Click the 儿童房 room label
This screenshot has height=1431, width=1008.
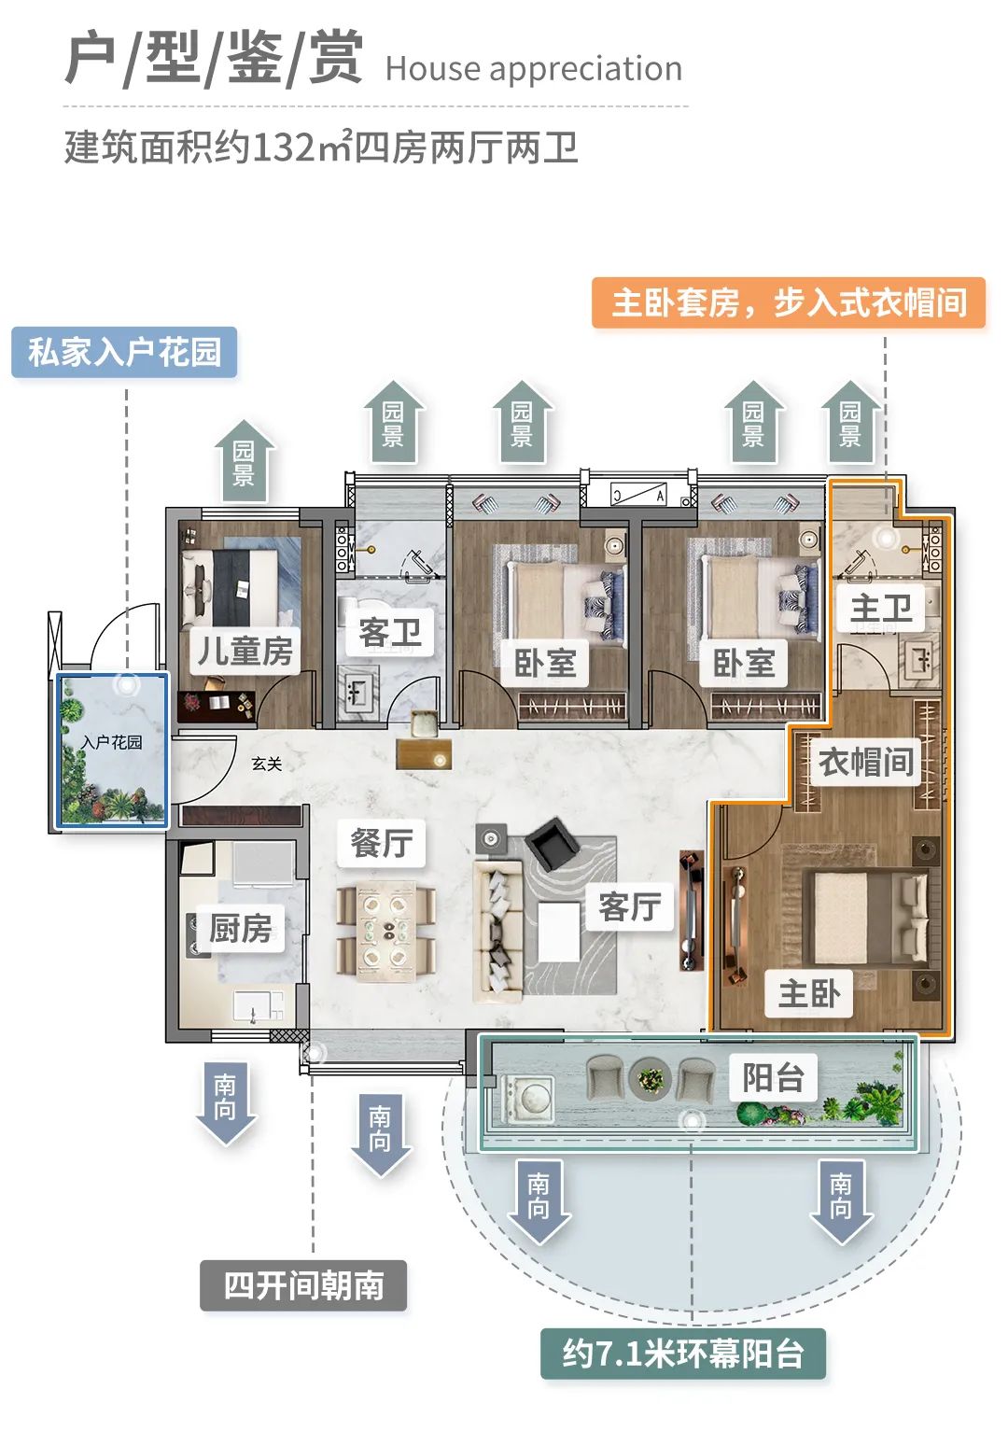(x=245, y=651)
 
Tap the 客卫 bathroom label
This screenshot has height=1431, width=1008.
(x=390, y=633)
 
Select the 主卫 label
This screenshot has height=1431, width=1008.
(x=880, y=610)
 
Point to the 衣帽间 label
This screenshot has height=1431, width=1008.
(x=865, y=762)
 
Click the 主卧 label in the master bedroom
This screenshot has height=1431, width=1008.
(x=809, y=993)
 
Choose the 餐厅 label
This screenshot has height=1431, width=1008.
(x=381, y=843)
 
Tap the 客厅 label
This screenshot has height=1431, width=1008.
(x=630, y=905)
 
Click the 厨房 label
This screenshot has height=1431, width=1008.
(x=241, y=929)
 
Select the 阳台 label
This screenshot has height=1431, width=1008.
(x=773, y=1077)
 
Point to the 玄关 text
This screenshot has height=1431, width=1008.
(x=267, y=764)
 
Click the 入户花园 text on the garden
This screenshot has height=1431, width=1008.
(x=112, y=742)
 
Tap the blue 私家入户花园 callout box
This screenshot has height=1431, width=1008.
(x=124, y=352)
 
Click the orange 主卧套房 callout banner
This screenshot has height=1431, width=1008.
(x=789, y=302)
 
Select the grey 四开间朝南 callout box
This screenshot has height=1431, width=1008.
(x=303, y=1285)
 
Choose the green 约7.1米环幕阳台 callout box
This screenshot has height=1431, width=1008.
(x=683, y=1354)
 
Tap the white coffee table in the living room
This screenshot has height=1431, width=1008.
(x=559, y=931)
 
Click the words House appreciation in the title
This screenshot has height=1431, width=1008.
(x=533, y=69)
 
